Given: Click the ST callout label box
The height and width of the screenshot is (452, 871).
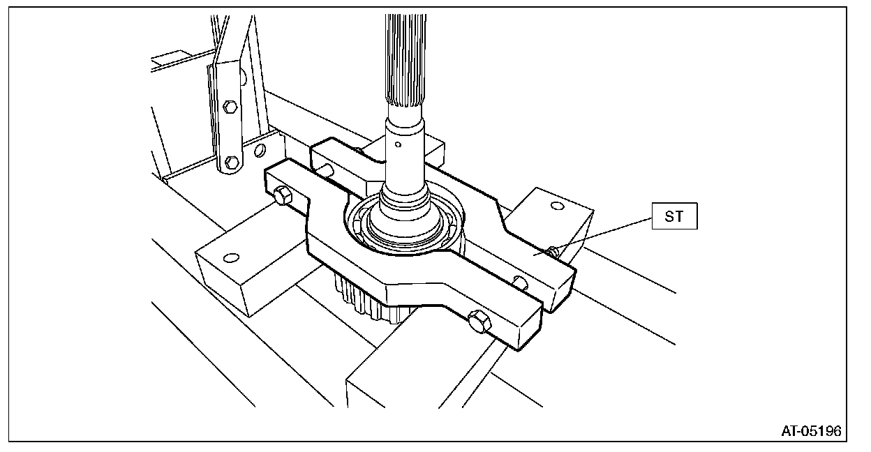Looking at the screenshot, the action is pyautogui.click(x=675, y=218).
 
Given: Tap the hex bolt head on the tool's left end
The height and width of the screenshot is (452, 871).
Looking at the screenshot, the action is pyautogui.click(x=281, y=196).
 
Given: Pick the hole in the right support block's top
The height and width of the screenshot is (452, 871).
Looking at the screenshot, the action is pyautogui.click(x=556, y=206).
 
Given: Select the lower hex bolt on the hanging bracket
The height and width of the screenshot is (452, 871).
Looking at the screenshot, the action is pyautogui.click(x=232, y=163).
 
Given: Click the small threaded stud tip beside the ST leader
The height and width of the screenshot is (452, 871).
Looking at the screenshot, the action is pyautogui.click(x=553, y=250).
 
